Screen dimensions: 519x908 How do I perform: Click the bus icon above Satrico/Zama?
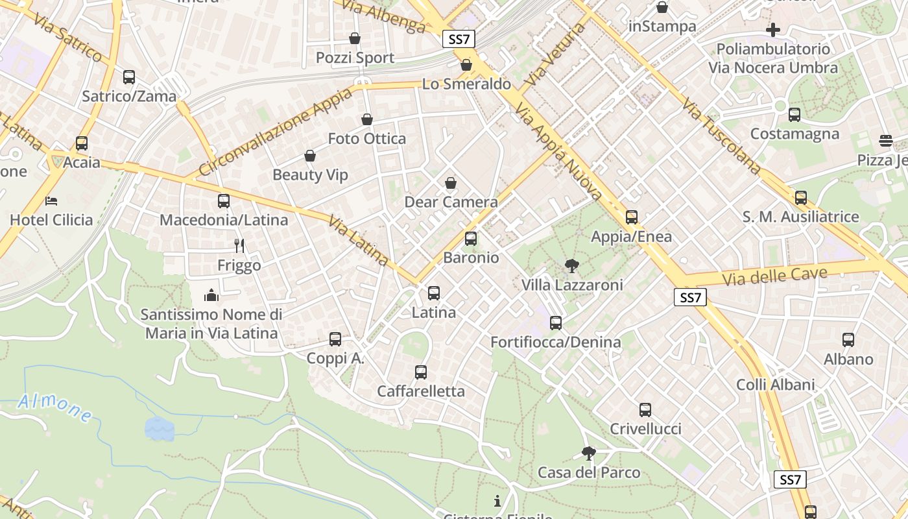[x=129, y=77]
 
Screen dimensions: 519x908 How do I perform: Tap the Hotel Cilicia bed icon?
[x=52, y=200]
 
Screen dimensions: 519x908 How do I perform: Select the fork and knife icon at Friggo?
[x=239, y=245]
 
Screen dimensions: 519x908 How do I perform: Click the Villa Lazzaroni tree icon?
[x=571, y=265]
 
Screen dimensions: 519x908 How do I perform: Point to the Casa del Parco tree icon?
[x=588, y=453]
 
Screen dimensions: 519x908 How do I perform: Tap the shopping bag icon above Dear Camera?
[x=451, y=183]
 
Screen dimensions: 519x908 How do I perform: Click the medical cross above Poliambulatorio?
[x=772, y=29]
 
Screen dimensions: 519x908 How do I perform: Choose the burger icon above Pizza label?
[x=886, y=140]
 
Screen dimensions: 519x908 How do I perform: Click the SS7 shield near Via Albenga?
[x=459, y=39]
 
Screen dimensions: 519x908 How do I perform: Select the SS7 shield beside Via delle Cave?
[x=690, y=298]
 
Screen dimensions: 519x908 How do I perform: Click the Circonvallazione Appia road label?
[x=275, y=132]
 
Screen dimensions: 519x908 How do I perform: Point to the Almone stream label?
[x=54, y=407]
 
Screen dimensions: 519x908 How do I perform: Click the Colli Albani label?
[x=775, y=385]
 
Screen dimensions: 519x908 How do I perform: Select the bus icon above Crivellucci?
[x=645, y=410]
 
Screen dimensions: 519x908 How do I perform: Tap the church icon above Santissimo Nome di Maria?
[x=211, y=296]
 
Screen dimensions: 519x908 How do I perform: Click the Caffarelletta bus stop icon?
[x=421, y=372]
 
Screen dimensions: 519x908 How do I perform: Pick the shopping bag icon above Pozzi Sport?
[x=355, y=38]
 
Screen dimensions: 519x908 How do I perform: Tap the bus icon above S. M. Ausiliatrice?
[x=801, y=198]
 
